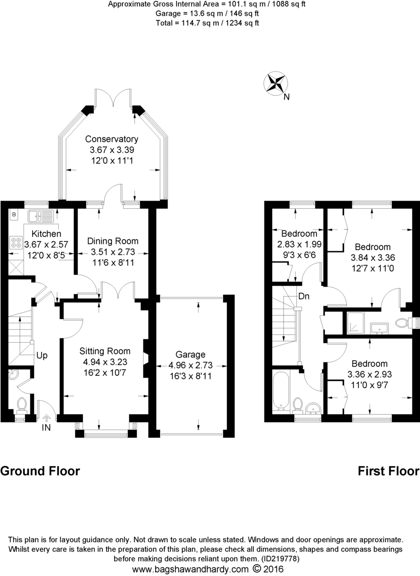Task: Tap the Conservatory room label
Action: point(111,139)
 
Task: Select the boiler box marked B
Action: point(14,214)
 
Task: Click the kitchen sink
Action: point(40,216)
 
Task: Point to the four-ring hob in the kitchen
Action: point(15,243)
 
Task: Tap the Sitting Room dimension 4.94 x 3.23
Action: point(104,361)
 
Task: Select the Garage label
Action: point(190,355)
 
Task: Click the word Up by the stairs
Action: point(42,356)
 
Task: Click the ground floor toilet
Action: point(22,405)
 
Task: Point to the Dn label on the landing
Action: point(303,297)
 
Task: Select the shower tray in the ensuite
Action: point(356,323)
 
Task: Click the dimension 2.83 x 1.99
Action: point(299,244)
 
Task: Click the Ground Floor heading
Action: point(40,471)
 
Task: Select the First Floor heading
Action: point(389,471)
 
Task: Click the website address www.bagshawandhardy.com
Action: point(191,569)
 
